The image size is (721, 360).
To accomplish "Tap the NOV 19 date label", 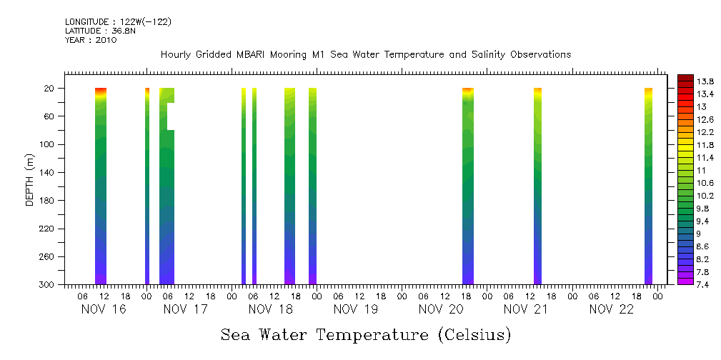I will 355,309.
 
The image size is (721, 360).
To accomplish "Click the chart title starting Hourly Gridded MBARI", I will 366,55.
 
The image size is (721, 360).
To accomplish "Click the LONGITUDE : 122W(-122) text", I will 118,22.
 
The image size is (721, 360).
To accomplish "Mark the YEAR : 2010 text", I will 91,41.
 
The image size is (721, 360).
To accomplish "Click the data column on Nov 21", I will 537,186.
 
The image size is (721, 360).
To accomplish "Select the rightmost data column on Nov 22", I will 648,186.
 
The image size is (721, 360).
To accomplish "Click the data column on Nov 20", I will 468,186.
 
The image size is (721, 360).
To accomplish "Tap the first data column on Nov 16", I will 101,186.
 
